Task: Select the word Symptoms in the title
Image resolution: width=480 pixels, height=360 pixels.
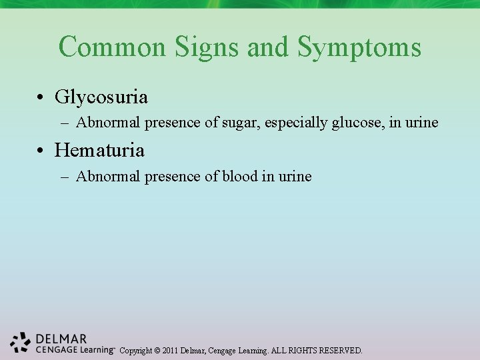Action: (359, 47)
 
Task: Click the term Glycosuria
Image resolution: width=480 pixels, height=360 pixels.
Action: (101, 97)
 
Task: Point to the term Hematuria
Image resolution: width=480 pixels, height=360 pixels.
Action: (99, 150)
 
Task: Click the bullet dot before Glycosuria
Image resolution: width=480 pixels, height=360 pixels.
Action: (42, 98)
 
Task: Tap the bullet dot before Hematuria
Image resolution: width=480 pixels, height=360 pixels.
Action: (42, 151)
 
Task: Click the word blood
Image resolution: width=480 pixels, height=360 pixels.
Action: (240, 177)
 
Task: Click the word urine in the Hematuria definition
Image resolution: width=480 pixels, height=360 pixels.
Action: (295, 177)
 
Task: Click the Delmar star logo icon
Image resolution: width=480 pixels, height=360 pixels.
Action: (21, 342)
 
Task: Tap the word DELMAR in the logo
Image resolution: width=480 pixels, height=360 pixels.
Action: (62, 339)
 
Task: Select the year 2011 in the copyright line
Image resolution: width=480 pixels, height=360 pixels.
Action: (169, 350)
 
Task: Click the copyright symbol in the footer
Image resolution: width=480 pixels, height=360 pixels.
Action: (156, 350)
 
